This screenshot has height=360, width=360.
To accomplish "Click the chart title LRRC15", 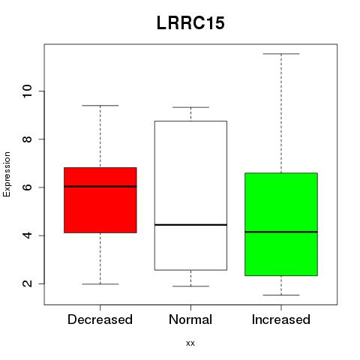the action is tap(190, 23).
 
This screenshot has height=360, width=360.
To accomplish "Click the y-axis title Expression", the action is tap(7, 174).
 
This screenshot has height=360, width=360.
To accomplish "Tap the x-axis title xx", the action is tap(190, 343).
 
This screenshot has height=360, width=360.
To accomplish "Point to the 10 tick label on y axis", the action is tap(27, 91).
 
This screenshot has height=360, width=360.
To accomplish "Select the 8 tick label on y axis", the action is tap(27, 139).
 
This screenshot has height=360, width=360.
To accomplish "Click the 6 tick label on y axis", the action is tap(27, 187).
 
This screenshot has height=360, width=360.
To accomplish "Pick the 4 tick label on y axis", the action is tap(27, 235).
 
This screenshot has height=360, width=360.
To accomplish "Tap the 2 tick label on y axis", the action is tap(27, 283).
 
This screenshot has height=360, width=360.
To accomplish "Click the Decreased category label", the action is tap(100, 319).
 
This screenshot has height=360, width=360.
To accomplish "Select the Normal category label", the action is tap(190, 319).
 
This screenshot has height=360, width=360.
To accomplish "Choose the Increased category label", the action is tap(281, 319).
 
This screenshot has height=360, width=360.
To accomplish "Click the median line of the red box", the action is tap(100, 187).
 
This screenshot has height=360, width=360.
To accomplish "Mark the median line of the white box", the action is tap(190, 225).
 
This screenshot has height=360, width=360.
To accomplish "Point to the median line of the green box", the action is tap(281, 232).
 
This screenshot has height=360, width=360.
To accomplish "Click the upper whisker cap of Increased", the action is tap(281, 54).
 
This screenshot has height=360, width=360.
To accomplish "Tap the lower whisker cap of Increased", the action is tap(281, 295).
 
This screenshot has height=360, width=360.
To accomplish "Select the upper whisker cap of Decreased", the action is tap(100, 106).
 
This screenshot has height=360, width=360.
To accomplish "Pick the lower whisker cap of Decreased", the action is tap(100, 284).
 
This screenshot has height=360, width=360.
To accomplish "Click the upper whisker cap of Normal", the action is tap(190, 107).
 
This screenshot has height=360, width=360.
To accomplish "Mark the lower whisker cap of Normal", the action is tap(190, 286).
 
